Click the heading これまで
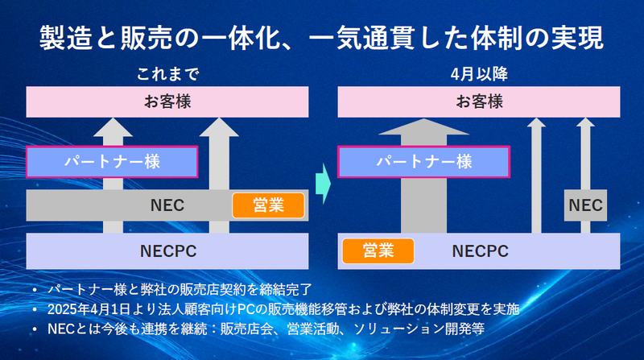coord(167,75)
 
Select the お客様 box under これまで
coord(167,101)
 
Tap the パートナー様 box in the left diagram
coord(112,161)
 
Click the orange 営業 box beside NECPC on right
coord(378,250)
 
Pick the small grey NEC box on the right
coord(585,205)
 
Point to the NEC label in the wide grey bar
coord(167,205)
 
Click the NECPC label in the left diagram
coord(167,250)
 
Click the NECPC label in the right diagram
coord(481,250)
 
